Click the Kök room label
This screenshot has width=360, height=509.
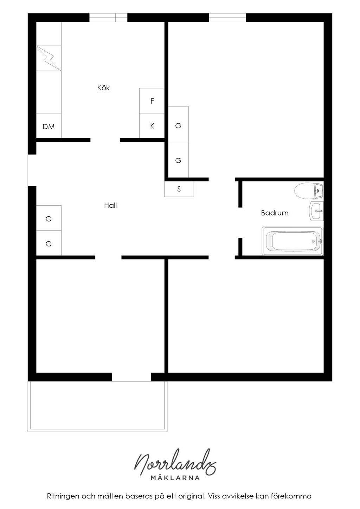103,88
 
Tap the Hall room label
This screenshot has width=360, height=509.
110,205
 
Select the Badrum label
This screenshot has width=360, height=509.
275,213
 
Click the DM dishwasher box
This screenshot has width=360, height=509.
49,125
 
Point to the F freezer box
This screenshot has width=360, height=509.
152,101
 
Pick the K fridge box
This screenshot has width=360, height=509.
152,125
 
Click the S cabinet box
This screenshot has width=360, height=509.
179,189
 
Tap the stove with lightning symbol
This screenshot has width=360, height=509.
49,58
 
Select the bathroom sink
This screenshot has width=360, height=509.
317,211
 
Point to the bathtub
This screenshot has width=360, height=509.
293,241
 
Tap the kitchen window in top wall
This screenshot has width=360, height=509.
108,18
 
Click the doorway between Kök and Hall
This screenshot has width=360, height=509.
105,140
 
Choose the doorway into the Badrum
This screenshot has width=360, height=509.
240,223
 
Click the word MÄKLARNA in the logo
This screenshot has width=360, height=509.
175,478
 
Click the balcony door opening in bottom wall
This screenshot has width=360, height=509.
131,377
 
